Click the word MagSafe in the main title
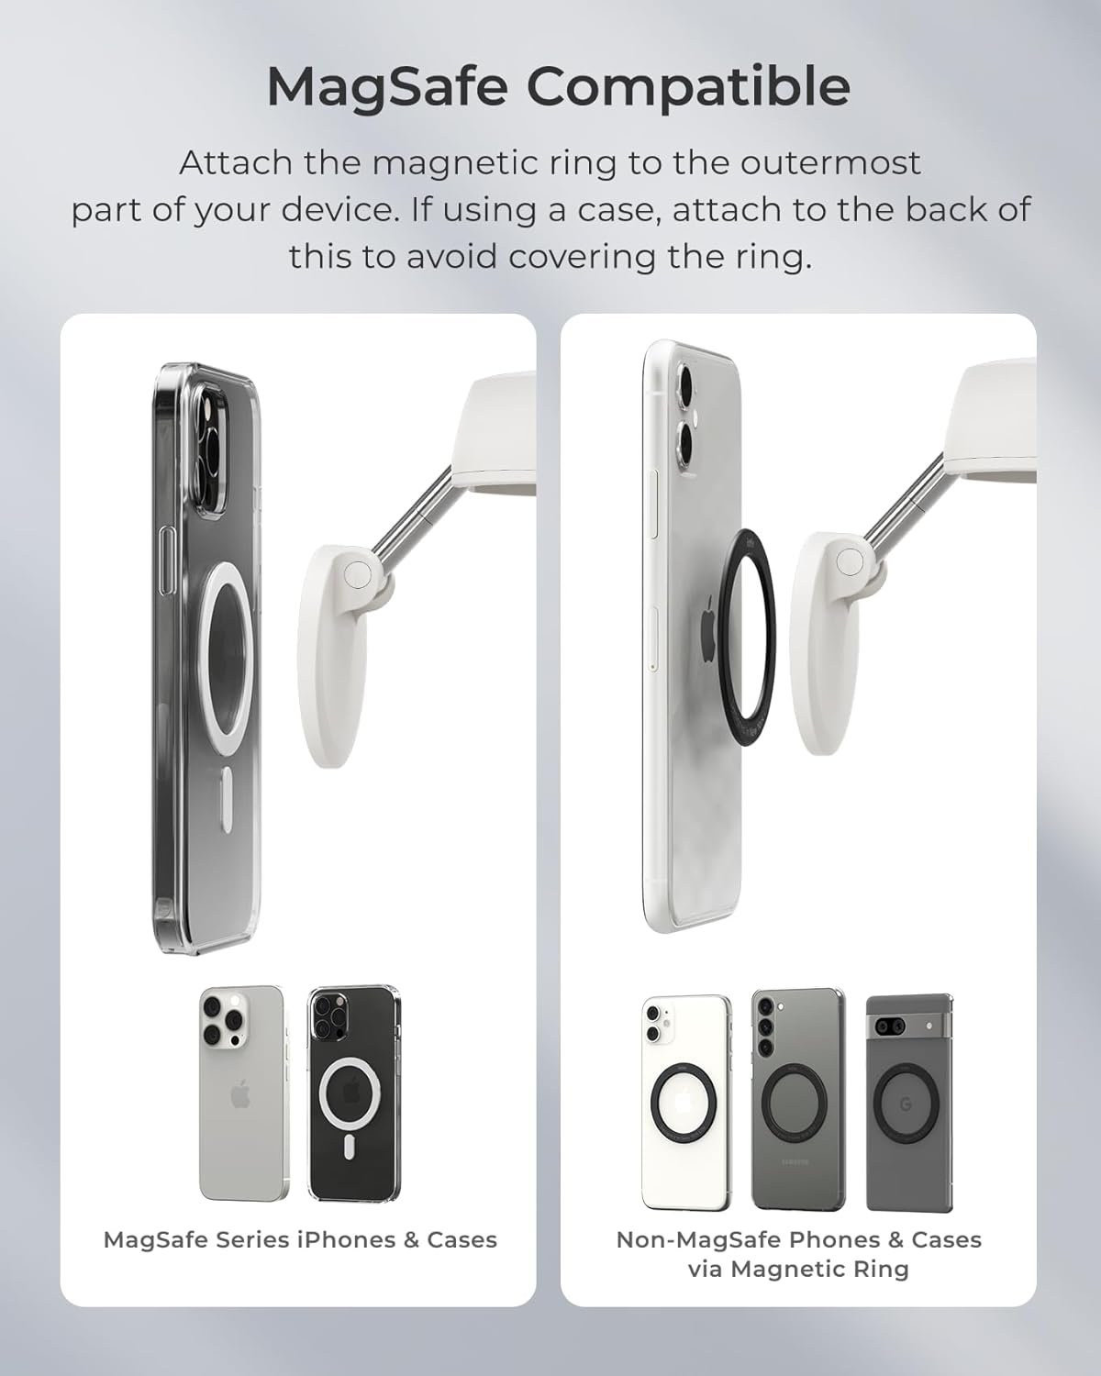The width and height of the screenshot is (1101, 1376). pyautogui.click(x=387, y=87)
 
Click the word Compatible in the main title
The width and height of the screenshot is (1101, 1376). pyautogui.click(x=688, y=87)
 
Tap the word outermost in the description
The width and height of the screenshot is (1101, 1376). pyautogui.click(x=830, y=163)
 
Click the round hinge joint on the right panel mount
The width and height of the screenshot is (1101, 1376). pyautogui.click(x=851, y=561)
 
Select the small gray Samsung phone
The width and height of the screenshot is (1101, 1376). pyautogui.click(x=797, y=1099)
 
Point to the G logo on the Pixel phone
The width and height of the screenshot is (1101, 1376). pyautogui.click(x=906, y=1104)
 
